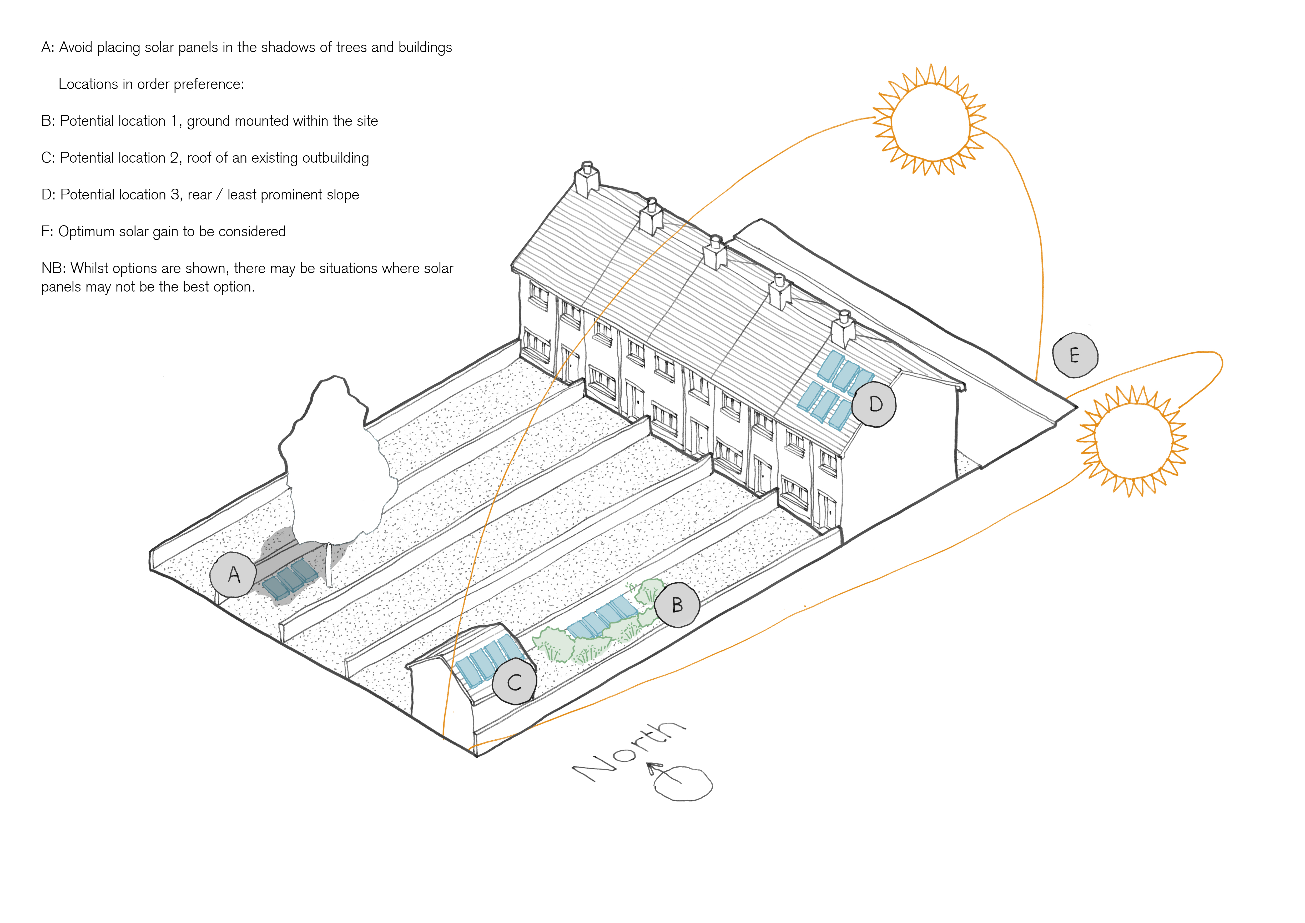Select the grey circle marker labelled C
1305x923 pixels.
pos(514,681)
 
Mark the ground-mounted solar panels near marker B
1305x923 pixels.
pos(604,617)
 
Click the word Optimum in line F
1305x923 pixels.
pos(86,232)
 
